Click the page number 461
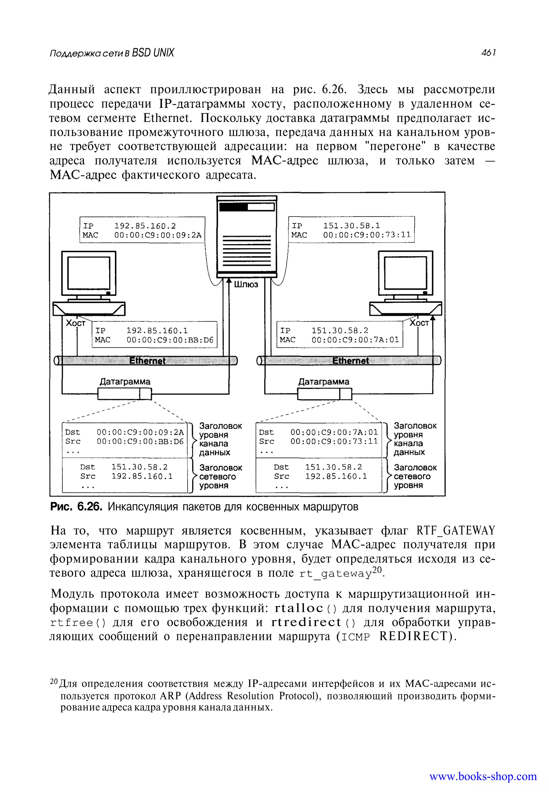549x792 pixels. coord(488,53)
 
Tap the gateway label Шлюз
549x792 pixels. coord(246,284)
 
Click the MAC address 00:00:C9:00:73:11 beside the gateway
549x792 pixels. coord(367,235)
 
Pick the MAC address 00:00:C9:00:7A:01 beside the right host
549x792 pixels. coord(355,340)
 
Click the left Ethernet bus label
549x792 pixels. coord(147,361)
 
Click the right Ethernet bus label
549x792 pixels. coord(350,361)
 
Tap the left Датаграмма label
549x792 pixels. coord(125,382)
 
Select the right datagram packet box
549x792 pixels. coord(324,394)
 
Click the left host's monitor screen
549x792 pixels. coord(89,273)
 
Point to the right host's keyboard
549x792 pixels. coord(405,309)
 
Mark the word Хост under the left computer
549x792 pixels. coord(75,323)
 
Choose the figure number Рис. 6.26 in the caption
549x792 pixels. coord(76,507)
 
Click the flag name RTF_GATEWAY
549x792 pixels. coord(455,531)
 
